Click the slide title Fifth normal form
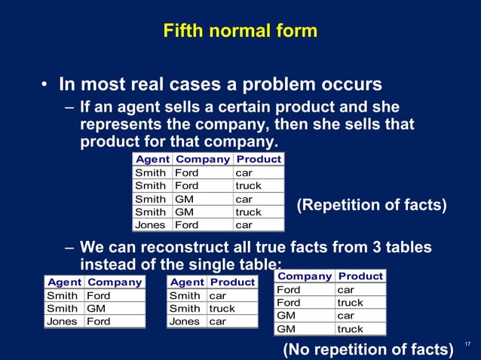[x=240, y=32]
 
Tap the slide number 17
[x=467, y=345]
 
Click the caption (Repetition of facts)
[x=372, y=205]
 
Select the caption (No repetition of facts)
[x=368, y=349]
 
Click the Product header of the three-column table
[x=259, y=160]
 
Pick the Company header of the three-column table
[x=202, y=160]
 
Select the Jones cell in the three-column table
[x=149, y=224]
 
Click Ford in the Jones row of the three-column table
[x=186, y=224]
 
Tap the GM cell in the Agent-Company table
[x=96, y=309]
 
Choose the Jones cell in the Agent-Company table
[x=62, y=322]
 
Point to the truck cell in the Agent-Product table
[x=222, y=309]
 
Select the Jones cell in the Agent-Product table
[x=185, y=322]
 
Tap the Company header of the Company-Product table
[x=305, y=276]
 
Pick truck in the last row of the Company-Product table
[x=350, y=329]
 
